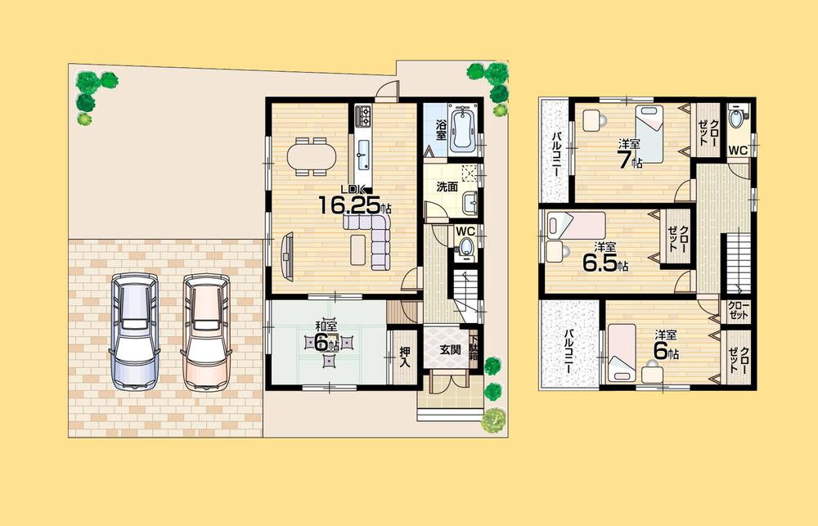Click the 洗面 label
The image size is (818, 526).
point(445,187)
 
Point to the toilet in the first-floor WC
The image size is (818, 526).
point(467,248)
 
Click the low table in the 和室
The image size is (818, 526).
point(328,344)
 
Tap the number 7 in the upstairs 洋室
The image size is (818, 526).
point(626,160)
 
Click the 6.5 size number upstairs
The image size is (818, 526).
point(601,264)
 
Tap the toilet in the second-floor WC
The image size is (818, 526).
point(739,118)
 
